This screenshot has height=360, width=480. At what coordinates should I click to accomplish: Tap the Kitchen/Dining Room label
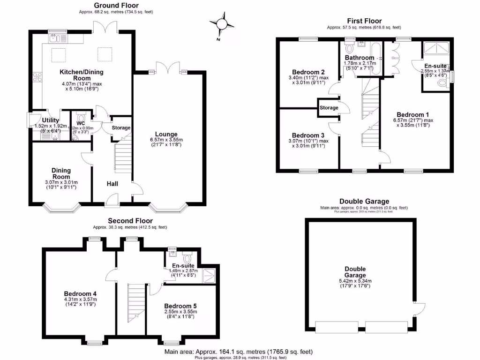click(82, 75)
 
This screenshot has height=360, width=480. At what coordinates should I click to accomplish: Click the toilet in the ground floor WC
click(80, 119)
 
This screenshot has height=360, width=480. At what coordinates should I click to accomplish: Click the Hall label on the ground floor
click(112, 184)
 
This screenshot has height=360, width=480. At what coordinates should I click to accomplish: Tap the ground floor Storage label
click(121, 127)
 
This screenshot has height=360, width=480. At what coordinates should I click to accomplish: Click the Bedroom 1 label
click(412, 114)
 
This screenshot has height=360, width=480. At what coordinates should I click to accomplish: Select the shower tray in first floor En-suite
click(436, 48)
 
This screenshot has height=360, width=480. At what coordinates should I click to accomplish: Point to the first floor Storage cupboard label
click(329, 108)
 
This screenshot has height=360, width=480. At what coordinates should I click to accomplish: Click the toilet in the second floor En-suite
click(188, 258)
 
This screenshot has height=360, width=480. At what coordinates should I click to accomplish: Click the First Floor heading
click(364, 21)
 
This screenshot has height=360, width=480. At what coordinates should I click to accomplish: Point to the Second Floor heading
click(130, 221)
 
